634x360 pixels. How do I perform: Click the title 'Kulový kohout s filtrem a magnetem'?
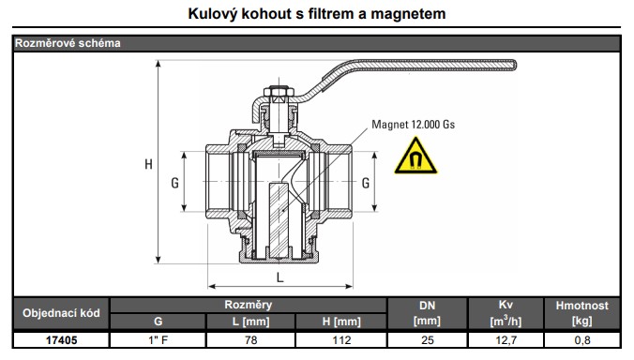click(x=317, y=14)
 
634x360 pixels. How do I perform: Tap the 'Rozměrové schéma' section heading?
click(x=68, y=43)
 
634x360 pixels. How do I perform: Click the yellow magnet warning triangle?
click(x=415, y=157)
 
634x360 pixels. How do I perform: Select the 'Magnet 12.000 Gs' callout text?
click(x=414, y=124)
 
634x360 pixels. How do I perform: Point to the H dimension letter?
click(x=149, y=164)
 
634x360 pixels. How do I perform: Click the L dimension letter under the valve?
click(x=279, y=277)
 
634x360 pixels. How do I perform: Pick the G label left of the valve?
click(x=174, y=183)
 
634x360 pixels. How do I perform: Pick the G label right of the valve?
click(x=366, y=183)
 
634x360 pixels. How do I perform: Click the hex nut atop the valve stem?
click(x=279, y=92)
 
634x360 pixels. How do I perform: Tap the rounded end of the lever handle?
click(x=513, y=65)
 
